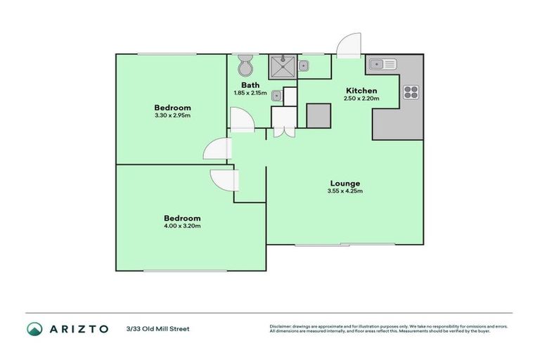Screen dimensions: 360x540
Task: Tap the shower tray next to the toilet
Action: pos(283,67)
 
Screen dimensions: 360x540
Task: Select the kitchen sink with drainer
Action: pos(382,64)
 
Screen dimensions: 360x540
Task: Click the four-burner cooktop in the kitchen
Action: pos(411,91)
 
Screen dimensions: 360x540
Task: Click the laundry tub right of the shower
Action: pos(304,66)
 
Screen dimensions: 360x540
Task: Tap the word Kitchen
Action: pos(361,91)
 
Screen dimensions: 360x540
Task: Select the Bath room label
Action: pos(250,84)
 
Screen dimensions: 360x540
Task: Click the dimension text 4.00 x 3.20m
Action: pos(183,226)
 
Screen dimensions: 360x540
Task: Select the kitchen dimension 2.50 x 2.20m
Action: pos(361,98)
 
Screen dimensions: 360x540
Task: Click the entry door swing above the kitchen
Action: pos(347,46)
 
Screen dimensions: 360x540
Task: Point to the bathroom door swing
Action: pos(241,120)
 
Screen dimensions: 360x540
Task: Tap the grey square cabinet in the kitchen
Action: pos(319,115)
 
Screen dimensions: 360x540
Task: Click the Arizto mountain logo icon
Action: pos(34,328)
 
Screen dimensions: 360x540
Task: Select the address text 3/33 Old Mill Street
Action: pos(157,328)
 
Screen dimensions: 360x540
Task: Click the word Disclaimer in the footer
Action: pos(281,326)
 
